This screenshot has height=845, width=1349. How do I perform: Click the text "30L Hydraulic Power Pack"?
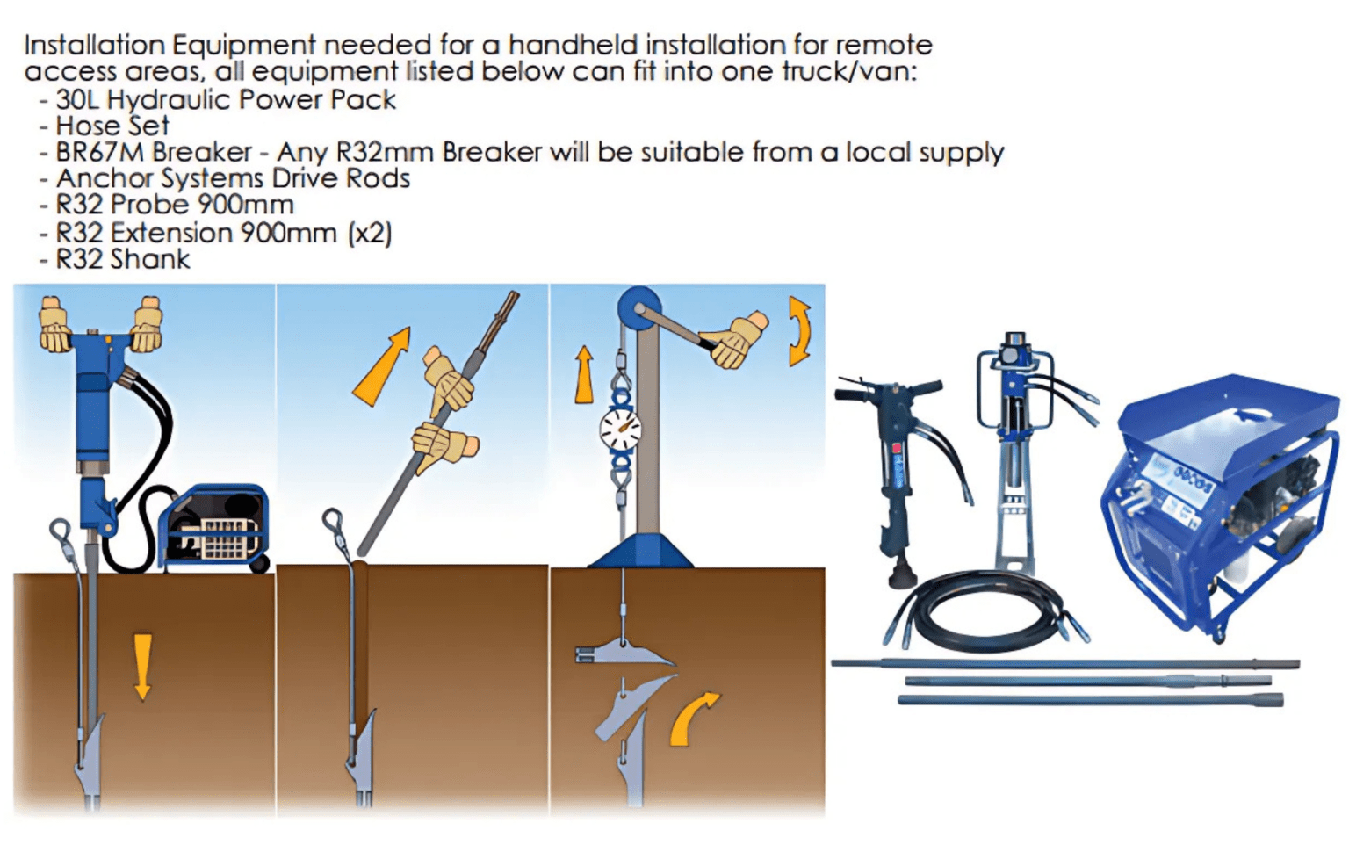pos(225,99)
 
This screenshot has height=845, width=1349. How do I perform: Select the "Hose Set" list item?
pos(112,126)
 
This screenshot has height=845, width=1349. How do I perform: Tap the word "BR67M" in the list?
pos(91,152)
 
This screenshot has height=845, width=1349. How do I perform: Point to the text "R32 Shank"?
pos(122,259)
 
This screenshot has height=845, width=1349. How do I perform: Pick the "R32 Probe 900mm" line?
pos(174,205)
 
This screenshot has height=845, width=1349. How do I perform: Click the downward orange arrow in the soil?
pos(141,667)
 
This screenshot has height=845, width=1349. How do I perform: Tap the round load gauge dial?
pos(621,430)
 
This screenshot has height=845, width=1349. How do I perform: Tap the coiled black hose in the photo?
pos(984,611)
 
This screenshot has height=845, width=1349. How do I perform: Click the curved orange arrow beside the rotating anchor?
pos(693,717)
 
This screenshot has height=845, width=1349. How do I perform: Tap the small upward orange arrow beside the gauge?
pos(584,374)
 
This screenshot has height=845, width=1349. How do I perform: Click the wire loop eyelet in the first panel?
pos(61,531)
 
